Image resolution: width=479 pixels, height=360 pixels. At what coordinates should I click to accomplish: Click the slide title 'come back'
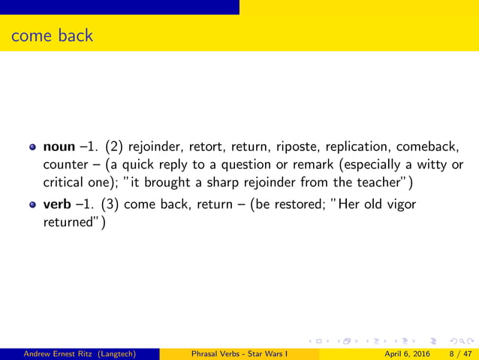[x=52, y=35]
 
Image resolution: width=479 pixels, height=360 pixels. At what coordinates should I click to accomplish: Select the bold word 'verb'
[x=58, y=204]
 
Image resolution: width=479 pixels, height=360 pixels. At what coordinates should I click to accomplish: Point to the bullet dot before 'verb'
[x=32, y=205]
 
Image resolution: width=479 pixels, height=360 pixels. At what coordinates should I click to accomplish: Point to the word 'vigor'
[x=399, y=204]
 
